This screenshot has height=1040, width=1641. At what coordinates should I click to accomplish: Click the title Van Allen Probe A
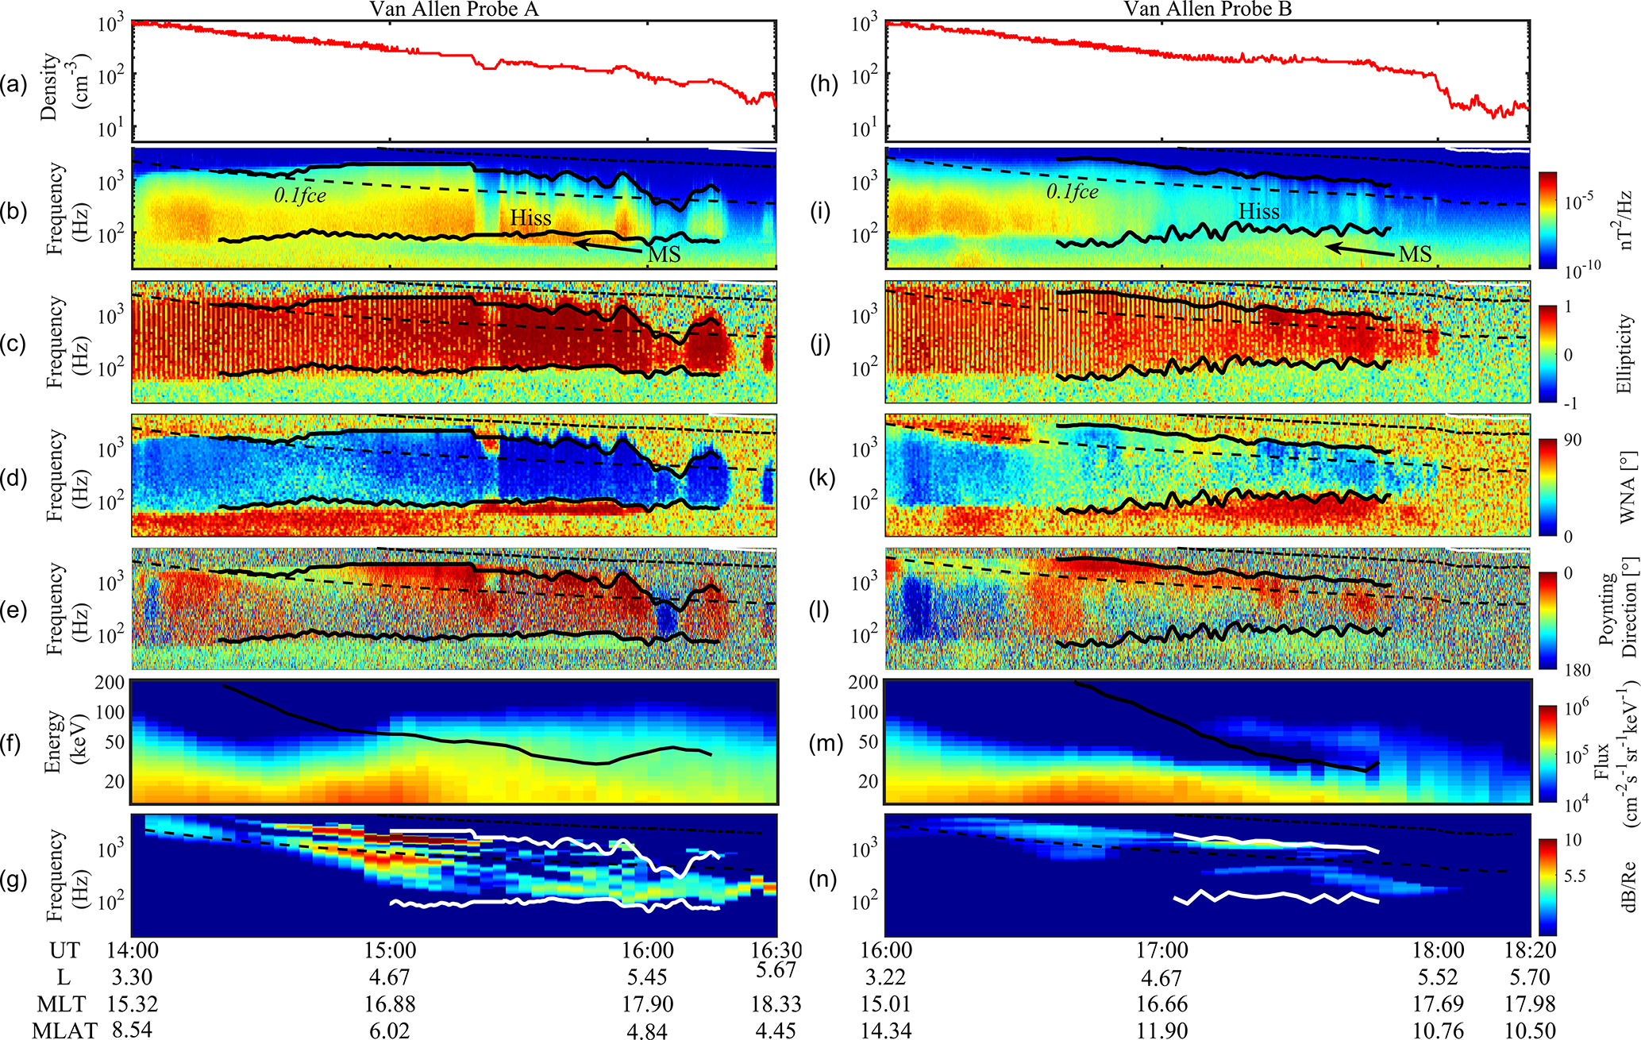[455, 9]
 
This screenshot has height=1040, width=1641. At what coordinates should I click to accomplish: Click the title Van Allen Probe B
[1208, 9]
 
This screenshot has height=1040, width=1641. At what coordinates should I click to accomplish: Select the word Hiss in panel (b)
[530, 218]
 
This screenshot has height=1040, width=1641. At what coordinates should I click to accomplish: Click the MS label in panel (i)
[1415, 254]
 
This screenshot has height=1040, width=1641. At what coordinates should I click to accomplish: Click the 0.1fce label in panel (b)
[300, 196]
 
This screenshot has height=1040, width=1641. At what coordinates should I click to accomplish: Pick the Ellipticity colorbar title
[1624, 353]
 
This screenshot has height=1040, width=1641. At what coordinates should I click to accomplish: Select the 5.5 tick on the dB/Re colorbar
[1574, 876]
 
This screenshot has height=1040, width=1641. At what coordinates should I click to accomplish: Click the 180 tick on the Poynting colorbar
[1578, 671]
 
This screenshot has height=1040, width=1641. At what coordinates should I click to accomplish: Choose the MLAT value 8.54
[132, 1030]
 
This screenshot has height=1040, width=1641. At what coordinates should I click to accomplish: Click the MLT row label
[61, 1004]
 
